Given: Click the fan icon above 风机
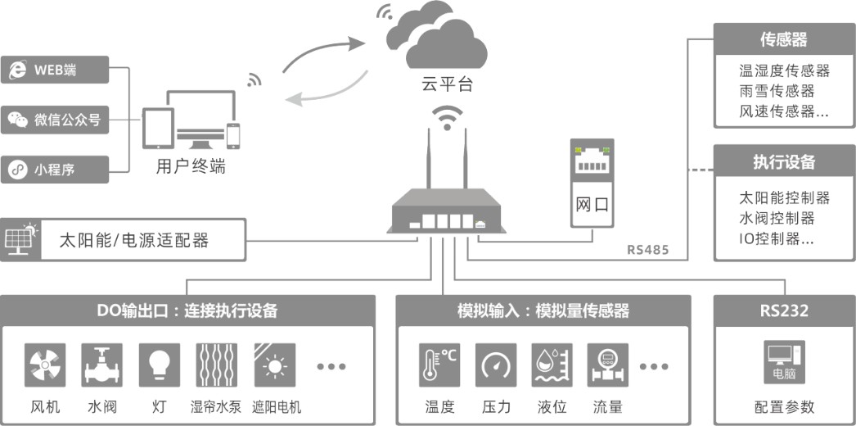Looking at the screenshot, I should [46, 365].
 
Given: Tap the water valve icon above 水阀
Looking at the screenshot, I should [102, 365].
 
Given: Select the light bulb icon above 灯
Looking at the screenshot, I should [159, 365].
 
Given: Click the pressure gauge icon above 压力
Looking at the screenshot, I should [496, 365].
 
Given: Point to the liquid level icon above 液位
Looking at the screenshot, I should [552, 365].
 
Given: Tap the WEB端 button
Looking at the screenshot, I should [55, 70].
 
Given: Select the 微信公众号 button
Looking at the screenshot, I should [55, 120].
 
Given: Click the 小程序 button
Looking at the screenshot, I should [55, 170].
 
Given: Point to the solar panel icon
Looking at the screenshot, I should [21, 238].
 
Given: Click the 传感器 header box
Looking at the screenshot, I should [784, 39].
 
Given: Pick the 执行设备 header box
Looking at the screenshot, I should [784, 161].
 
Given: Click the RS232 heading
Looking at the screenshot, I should [784, 310].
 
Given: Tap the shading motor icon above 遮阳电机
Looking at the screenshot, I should [273, 365].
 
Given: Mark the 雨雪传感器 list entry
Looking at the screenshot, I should [777, 91].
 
